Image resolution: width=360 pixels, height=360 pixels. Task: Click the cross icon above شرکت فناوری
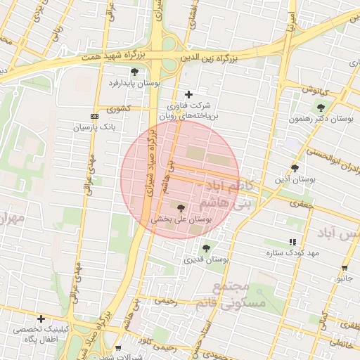tap(188, 94)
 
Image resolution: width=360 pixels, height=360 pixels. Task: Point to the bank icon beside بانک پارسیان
tap(95, 116)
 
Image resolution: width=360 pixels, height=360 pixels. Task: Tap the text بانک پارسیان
tap(92, 128)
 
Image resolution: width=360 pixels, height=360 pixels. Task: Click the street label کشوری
tap(119, 109)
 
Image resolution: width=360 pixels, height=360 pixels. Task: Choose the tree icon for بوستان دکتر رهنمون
tap(321, 108)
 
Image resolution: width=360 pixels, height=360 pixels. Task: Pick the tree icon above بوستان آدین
tap(295, 168)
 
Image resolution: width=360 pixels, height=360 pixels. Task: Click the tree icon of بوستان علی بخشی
tap(181, 208)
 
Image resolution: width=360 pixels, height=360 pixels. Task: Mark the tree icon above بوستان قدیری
tap(206, 248)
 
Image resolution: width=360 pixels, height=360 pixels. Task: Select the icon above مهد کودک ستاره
tap(292, 242)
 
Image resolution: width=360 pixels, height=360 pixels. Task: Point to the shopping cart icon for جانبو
tap(345, 268)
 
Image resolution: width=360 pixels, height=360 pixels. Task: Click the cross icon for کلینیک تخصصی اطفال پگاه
tap(41, 318)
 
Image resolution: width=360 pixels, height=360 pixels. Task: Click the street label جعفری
tap(300, 202)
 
